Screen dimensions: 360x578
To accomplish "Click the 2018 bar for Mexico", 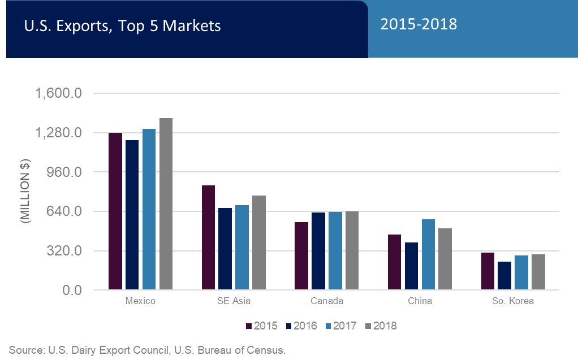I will tap(166, 204).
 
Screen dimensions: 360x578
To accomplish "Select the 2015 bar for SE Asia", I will tap(208, 237).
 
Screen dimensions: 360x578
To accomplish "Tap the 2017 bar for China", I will tap(429, 254).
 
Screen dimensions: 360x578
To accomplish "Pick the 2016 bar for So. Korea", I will tap(504, 276).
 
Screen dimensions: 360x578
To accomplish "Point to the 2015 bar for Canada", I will tap(301, 256).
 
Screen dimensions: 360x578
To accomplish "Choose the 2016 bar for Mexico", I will tap(132, 215).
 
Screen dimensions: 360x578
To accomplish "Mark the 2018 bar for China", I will tap(445, 259).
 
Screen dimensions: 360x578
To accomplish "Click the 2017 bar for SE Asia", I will tap(242, 248).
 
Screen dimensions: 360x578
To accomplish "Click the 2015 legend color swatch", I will tap(249, 326).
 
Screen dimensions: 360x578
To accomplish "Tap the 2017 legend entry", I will tap(342, 326).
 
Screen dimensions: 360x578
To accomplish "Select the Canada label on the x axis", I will tap(327, 301).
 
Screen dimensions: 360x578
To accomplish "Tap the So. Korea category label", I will tap(513, 301).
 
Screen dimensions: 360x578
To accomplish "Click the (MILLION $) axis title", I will tap(26, 192).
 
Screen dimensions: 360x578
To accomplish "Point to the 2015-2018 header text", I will tap(419, 25).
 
